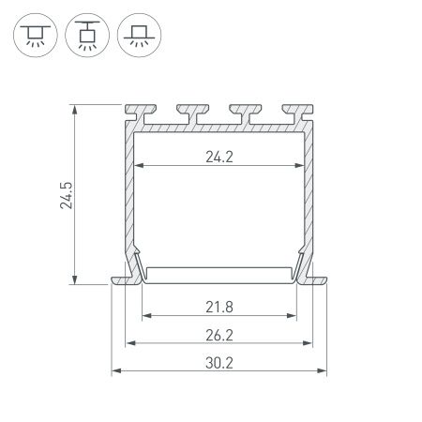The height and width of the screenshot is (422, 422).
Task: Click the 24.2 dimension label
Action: click(x=219, y=157)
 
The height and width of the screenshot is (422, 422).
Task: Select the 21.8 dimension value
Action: click(x=219, y=307)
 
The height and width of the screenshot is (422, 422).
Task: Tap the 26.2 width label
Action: click(x=219, y=335)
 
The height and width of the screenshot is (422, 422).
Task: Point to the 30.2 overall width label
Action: click(x=219, y=363)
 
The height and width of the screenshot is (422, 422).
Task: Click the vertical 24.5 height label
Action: click(x=67, y=195)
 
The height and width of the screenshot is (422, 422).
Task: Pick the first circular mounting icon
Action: click(x=36, y=35)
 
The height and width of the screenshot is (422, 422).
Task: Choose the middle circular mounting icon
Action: click(x=87, y=35)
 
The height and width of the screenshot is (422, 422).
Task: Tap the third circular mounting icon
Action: click(x=139, y=35)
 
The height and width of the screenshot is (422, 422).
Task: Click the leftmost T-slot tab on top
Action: click(x=141, y=113)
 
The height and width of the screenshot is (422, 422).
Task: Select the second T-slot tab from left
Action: click(x=192, y=113)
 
